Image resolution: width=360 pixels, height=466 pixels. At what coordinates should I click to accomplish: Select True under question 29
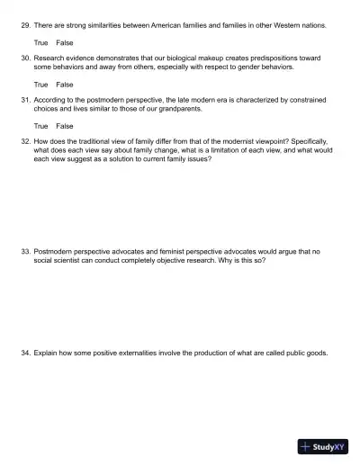click(x=40, y=42)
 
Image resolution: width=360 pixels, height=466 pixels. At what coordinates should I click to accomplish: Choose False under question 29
click(x=65, y=42)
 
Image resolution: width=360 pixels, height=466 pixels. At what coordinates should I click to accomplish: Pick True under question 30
click(x=40, y=84)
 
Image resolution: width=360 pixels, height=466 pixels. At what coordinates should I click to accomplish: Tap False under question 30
click(x=65, y=84)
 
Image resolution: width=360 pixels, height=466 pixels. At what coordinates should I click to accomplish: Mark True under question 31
click(x=40, y=126)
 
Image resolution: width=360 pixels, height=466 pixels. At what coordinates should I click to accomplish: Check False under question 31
click(x=65, y=126)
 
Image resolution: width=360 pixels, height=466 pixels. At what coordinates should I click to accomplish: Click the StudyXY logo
click(x=322, y=446)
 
